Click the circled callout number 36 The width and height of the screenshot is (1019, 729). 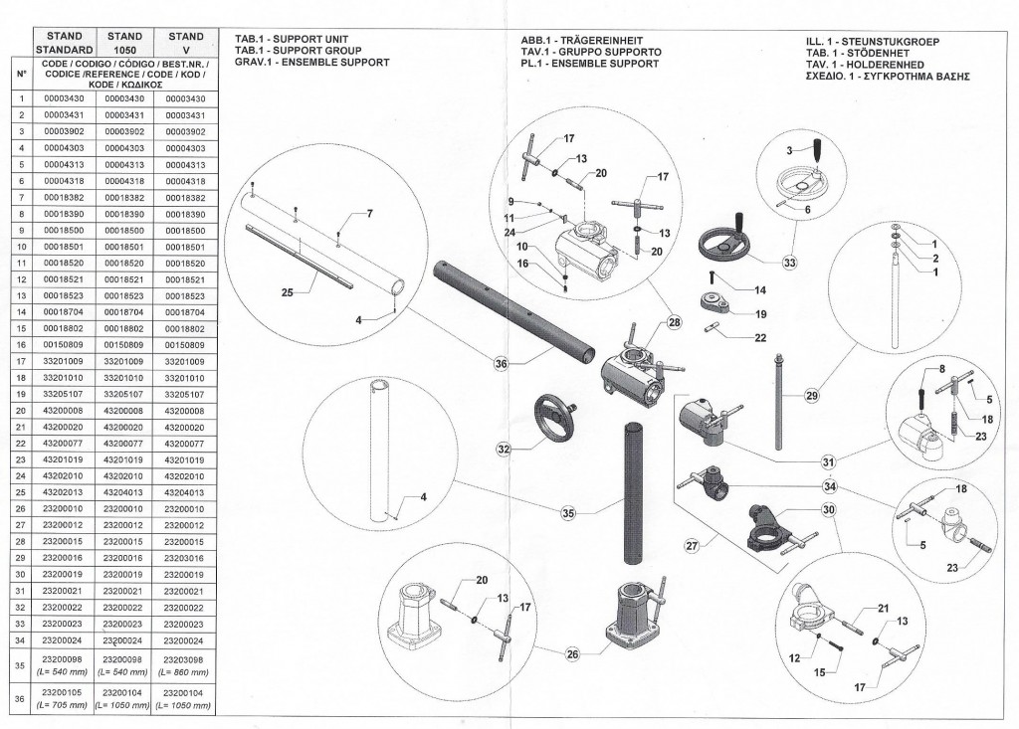(x=502, y=364)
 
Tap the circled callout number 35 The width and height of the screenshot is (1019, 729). (x=568, y=513)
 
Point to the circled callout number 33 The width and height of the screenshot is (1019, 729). (x=790, y=263)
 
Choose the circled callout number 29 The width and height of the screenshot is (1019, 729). (x=811, y=397)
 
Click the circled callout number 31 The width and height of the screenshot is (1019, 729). (x=828, y=460)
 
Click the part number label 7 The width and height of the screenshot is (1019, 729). (x=368, y=215)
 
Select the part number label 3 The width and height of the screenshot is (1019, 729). (x=787, y=149)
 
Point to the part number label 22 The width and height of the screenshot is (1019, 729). (x=761, y=338)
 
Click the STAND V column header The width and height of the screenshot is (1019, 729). (x=185, y=43)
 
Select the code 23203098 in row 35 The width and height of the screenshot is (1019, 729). (x=185, y=660)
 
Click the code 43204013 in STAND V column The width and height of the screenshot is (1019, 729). (x=185, y=491)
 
